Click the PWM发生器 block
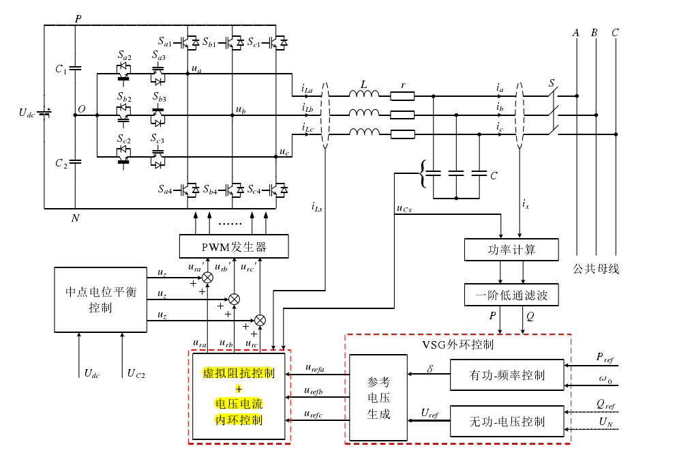click(x=234, y=246)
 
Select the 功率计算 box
click(x=511, y=250)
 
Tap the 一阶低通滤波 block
click(x=511, y=295)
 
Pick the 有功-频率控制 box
click(x=507, y=375)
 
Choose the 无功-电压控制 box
click(x=507, y=421)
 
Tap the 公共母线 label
click(x=596, y=269)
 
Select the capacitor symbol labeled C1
click(x=75, y=69)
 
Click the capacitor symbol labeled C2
click(x=75, y=162)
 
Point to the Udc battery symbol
click(x=45, y=113)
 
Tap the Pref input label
click(x=605, y=357)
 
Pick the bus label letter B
click(x=595, y=33)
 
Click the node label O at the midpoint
click(x=82, y=109)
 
